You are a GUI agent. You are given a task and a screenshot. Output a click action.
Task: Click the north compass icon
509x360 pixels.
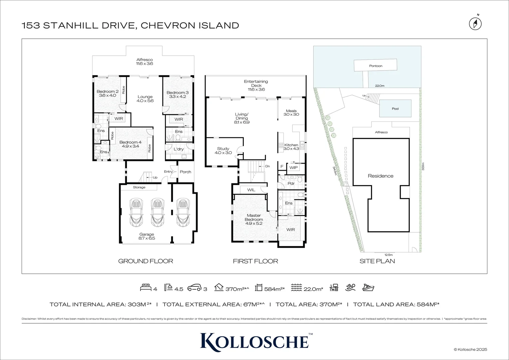click(x=475, y=24)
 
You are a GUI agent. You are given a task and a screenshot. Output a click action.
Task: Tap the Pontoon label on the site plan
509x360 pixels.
click(x=375, y=66)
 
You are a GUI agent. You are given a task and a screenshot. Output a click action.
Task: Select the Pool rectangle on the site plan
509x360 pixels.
click(x=395, y=109)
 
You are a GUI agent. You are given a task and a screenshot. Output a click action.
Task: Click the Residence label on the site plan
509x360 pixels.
click(x=380, y=176)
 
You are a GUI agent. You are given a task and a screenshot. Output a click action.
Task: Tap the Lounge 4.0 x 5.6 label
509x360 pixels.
click(x=145, y=99)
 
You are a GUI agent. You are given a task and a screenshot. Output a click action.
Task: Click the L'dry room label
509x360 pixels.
click(x=179, y=149)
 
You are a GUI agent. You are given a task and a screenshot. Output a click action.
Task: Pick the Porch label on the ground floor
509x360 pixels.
click(x=186, y=172)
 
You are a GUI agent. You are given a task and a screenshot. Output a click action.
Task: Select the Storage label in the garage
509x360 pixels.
click(x=139, y=187)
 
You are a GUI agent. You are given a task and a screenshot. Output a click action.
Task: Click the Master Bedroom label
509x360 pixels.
click(x=254, y=217)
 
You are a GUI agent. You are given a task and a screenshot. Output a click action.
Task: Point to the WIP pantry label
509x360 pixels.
click(x=293, y=168)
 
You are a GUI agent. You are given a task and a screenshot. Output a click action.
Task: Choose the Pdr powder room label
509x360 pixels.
click(x=291, y=183)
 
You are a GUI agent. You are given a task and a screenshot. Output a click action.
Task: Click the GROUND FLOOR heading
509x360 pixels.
click(x=146, y=261)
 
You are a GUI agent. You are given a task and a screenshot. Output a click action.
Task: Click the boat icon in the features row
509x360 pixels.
click(x=368, y=288)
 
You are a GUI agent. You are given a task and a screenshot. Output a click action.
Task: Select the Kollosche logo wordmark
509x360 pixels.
click(x=254, y=341)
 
